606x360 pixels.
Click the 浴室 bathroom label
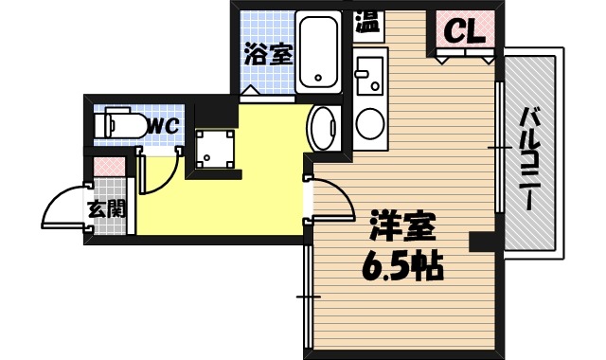click(x=268, y=55)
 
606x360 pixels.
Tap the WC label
click(x=163, y=124)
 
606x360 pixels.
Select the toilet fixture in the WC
click(x=120, y=124)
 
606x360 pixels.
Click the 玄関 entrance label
click(x=106, y=209)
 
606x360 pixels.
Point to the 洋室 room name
click(x=402, y=228)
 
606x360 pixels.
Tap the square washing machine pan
click(x=217, y=149)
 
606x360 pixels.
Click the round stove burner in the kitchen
click(x=368, y=122)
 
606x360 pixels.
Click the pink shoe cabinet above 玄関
click(x=106, y=168)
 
